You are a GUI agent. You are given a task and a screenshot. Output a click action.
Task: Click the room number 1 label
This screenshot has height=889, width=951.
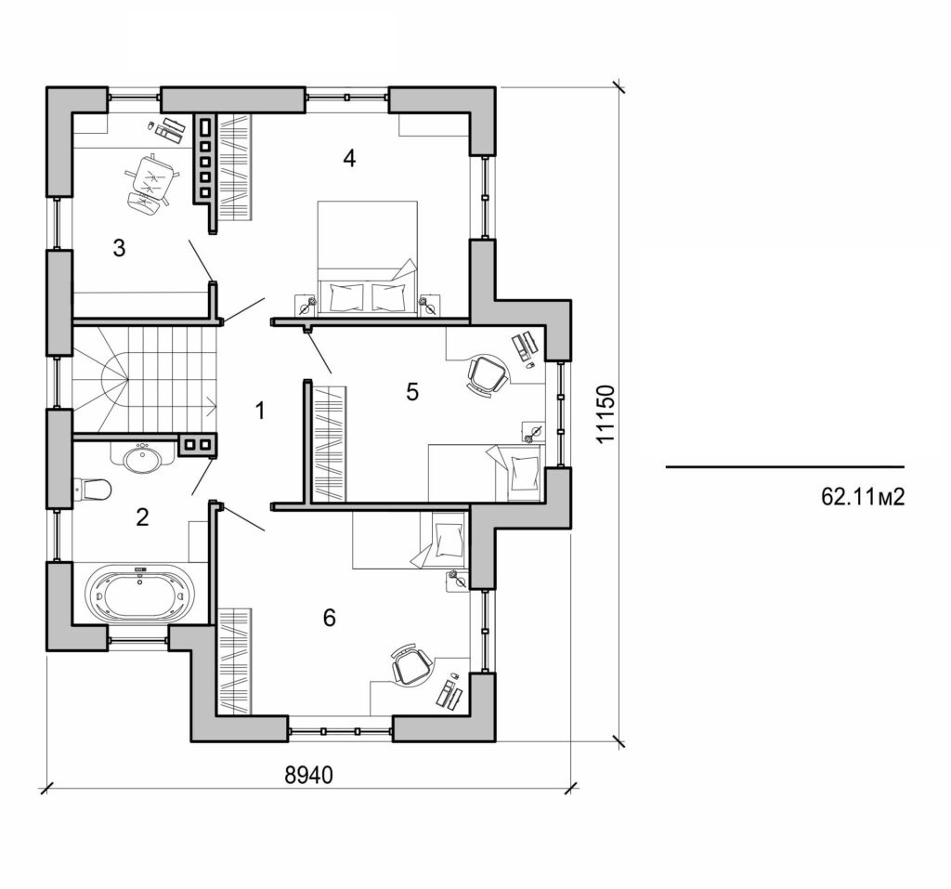260,410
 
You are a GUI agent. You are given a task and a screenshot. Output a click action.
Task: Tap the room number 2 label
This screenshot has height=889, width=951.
142,517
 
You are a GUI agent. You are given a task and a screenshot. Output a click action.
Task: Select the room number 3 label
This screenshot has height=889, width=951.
119,248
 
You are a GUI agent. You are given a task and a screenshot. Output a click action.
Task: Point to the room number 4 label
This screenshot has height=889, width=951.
349,159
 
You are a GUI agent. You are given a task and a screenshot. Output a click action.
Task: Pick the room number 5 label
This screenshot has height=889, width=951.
412,392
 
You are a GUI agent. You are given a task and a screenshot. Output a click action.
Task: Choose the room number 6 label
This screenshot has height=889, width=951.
329,618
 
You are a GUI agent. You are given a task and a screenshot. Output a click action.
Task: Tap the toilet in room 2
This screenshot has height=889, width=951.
93,488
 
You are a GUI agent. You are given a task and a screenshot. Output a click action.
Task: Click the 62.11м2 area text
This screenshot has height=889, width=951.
862,497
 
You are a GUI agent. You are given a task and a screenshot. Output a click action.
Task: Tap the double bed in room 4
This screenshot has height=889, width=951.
364,260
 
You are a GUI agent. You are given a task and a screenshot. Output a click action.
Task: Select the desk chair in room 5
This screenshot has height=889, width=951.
486,374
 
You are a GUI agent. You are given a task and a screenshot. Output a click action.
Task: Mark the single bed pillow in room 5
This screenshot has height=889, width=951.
524,469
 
